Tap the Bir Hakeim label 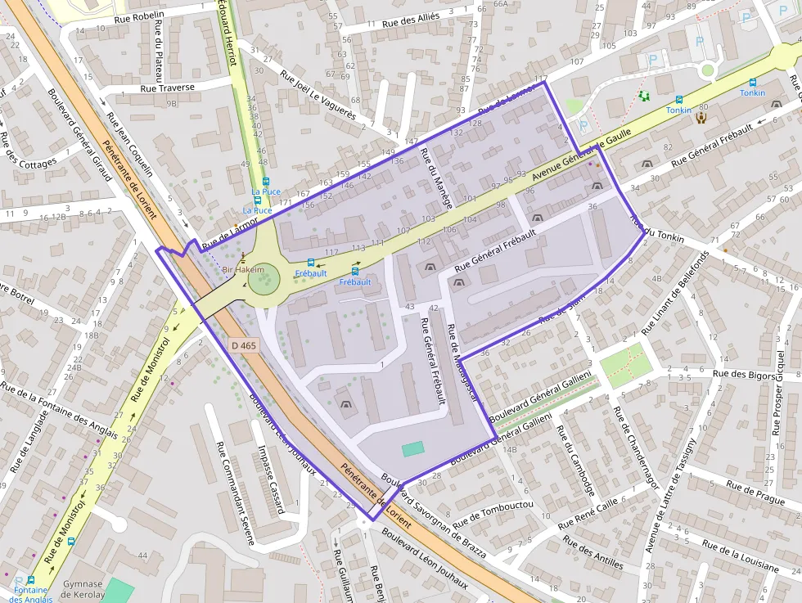[x=243, y=269]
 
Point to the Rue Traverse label [x=167, y=88]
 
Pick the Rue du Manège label [x=435, y=177]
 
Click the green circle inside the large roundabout [x=264, y=283]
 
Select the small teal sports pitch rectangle [x=413, y=449]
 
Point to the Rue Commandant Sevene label [x=234, y=493]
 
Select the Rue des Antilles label [x=593, y=552]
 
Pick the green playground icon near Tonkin [x=644, y=96]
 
